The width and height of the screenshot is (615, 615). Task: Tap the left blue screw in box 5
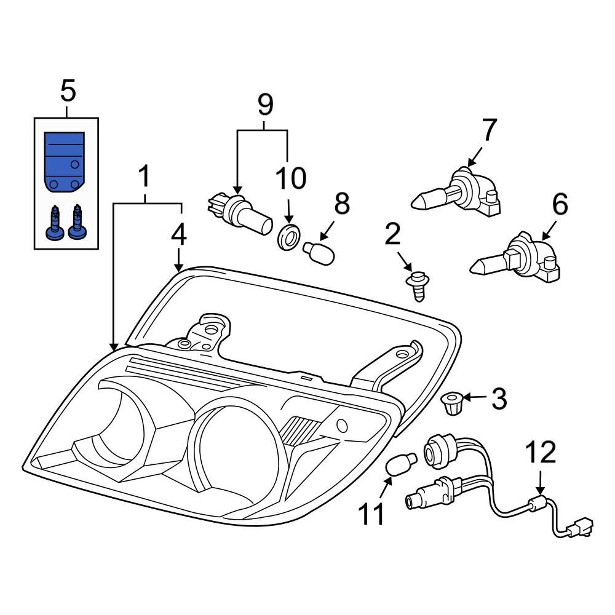(55, 222)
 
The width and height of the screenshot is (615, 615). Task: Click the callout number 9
(264, 105)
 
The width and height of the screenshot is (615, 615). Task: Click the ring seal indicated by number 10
(288, 237)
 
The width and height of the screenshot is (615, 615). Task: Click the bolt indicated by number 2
(416, 285)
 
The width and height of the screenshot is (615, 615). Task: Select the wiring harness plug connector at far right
(580, 528)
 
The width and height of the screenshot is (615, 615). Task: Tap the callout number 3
(498, 399)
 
